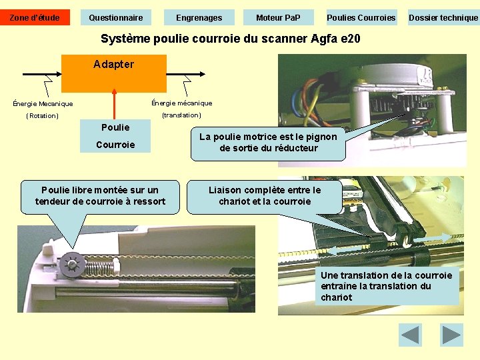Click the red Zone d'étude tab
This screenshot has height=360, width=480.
(35, 17)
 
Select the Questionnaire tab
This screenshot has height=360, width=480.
(116, 17)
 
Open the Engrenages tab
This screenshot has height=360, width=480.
(199, 17)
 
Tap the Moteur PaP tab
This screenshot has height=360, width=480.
(278, 17)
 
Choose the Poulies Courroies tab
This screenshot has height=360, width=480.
(361, 17)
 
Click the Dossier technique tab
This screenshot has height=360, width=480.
(443, 17)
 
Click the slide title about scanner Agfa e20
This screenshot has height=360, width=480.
(230, 39)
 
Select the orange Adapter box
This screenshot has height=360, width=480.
(114, 73)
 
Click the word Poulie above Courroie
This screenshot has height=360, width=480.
(115, 127)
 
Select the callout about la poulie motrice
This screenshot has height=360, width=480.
(269, 143)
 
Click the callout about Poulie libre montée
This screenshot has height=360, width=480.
(100, 196)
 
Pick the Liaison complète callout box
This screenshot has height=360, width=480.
(265, 196)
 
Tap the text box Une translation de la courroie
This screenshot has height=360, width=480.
(387, 286)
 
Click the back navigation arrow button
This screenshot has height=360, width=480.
(410, 335)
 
